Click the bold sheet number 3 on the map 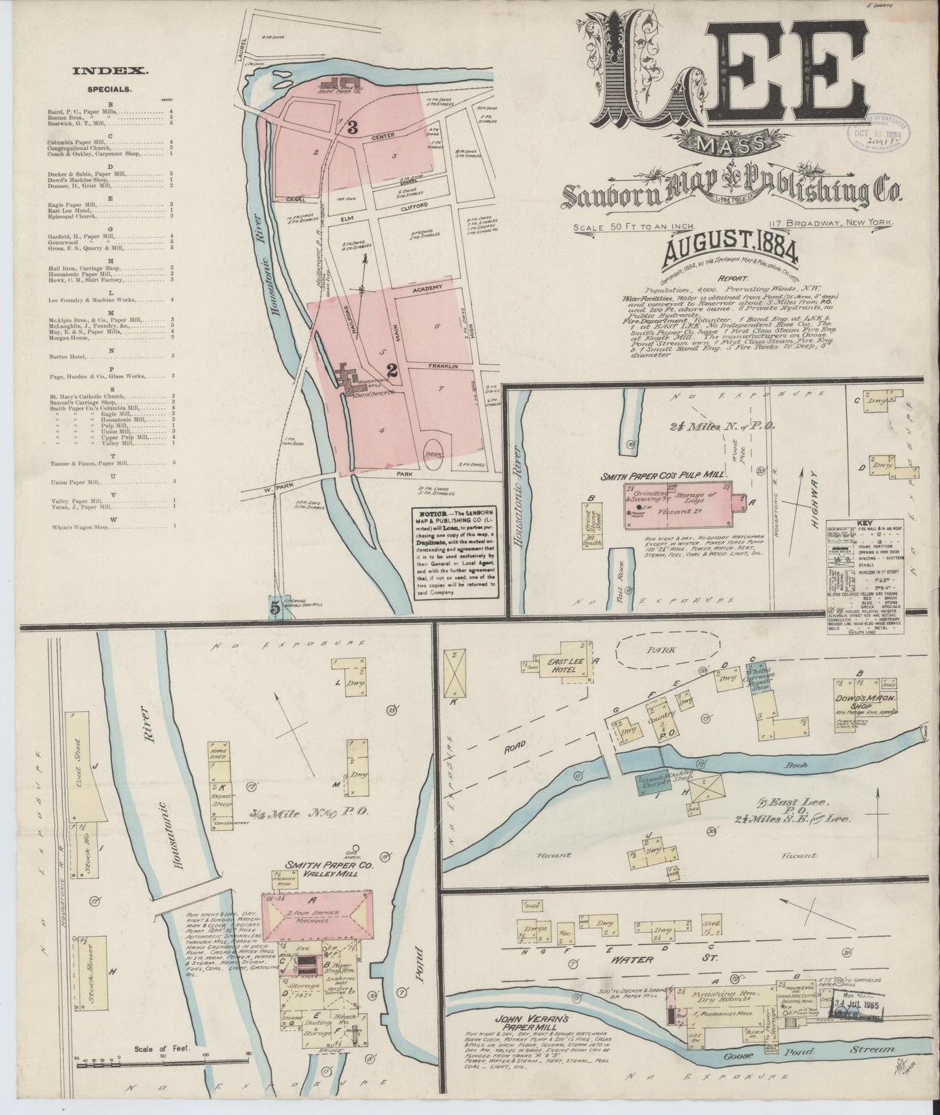click(x=353, y=128)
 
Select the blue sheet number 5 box click(x=275, y=608)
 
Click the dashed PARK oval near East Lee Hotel click(x=667, y=649)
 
